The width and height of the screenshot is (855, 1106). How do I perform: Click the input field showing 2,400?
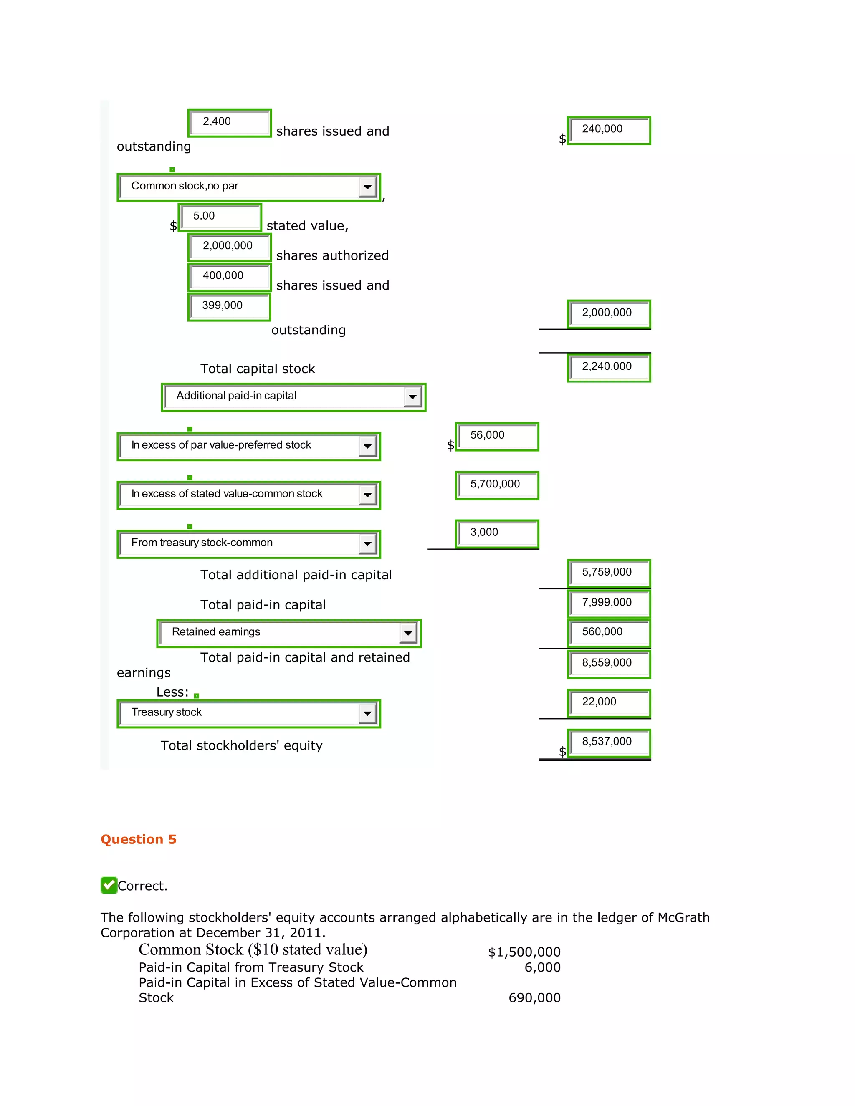230,123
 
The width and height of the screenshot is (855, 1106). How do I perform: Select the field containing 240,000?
609,130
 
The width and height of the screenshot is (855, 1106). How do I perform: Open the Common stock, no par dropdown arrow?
368,187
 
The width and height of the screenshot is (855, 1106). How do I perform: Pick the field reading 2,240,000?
609,367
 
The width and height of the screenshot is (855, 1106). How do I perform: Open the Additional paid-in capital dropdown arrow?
413,397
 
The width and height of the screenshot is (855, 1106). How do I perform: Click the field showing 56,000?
497,436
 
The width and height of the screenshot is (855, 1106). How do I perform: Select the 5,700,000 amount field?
497,485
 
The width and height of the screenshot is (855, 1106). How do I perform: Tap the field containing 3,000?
497,533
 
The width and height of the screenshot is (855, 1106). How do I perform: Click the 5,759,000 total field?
609,573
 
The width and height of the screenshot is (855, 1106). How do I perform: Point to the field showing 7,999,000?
609,603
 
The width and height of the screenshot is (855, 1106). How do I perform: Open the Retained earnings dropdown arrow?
408,633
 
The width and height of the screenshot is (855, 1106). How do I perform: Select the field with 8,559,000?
609,664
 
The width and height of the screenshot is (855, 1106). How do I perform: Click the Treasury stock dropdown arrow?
368,714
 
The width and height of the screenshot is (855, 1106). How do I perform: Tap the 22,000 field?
609,703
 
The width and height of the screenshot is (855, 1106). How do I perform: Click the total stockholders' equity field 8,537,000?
609,742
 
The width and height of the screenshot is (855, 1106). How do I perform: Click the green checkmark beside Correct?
109,885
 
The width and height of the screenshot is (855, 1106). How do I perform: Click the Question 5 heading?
138,839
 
